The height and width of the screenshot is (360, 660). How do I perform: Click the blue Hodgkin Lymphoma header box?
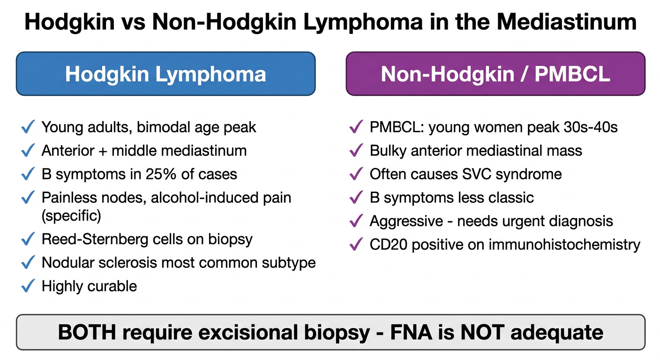pos(165,74)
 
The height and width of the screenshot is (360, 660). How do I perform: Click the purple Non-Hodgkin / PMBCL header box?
pos(495,74)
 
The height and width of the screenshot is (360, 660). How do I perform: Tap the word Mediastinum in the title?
pos(567,22)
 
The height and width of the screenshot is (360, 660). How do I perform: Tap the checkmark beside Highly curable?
pos(28,286)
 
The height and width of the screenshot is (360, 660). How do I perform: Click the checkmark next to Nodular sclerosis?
pos(28,262)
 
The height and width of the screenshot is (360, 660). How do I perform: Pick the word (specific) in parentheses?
pos(71,216)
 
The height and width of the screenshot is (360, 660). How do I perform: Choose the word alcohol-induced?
pos(205,197)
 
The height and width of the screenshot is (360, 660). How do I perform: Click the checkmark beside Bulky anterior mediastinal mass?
pos(356,150)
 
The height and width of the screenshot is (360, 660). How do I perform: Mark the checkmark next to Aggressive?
pos(356,221)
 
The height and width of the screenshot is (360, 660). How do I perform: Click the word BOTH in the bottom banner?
pos(87,332)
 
